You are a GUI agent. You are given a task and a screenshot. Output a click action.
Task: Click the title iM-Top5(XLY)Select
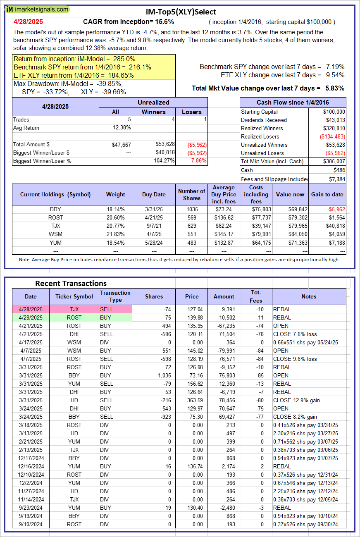[x=181, y=12]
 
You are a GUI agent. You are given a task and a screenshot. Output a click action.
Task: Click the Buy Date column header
[x=154, y=194]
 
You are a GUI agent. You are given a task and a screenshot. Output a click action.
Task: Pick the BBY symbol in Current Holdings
[x=55, y=209]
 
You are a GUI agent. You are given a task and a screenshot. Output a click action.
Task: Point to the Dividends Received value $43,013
[x=334, y=120]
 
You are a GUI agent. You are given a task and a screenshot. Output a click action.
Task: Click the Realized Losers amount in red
[x=332, y=136]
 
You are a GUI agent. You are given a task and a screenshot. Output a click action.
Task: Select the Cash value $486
[x=339, y=170]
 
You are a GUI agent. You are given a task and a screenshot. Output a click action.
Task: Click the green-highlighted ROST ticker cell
[x=74, y=317]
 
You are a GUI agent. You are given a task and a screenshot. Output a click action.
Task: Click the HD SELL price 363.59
[x=192, y=400]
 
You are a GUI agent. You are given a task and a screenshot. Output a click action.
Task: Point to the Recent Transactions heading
[x=71, y=284]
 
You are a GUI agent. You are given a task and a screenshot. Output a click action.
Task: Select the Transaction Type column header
[x=115, y=296]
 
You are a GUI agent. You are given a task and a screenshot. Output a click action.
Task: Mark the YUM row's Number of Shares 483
[x=191, y=242]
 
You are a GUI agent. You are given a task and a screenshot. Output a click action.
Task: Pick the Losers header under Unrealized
[x=192, y=112]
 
